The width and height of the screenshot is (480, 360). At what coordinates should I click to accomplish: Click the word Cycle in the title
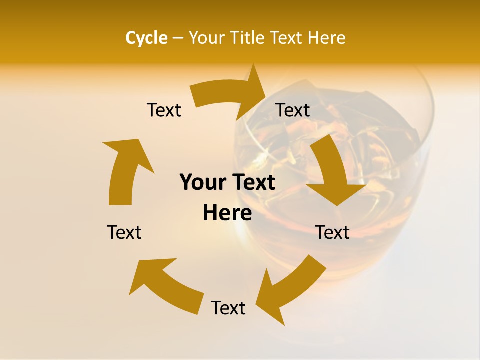coord(146,38)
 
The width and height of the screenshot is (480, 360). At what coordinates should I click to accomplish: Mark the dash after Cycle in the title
coord(178,38)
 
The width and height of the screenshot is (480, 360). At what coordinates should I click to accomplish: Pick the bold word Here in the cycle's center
coord(227,213)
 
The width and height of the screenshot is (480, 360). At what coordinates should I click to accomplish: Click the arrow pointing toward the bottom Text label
coord(290,287)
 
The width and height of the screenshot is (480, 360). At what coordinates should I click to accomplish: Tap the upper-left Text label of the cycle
coord(164,110)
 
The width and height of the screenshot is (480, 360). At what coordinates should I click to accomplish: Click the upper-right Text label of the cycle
coord(293,110)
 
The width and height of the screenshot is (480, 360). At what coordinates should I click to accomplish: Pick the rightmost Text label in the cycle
coord(333,232)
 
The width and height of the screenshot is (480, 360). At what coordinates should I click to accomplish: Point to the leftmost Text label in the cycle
coord(124,232)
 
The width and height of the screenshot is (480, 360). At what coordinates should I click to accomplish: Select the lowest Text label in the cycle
coord(228,308)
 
